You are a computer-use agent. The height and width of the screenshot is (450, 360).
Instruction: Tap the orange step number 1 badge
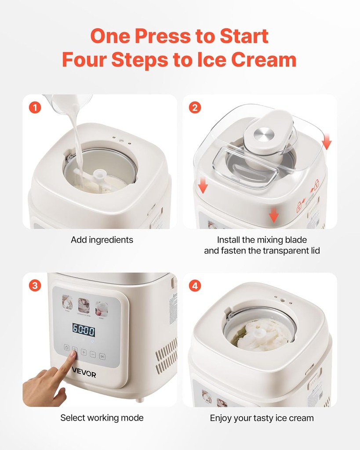35,107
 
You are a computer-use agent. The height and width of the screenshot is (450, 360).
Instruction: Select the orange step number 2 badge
195,107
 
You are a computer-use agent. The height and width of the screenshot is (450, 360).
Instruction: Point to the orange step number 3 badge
35,286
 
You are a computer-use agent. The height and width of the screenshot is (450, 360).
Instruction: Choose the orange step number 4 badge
195,286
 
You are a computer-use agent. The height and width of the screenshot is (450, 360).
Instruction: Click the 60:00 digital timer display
84,330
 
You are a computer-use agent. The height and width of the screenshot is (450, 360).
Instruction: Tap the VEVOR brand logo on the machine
84,374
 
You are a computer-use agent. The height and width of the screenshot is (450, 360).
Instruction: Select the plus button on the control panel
84,352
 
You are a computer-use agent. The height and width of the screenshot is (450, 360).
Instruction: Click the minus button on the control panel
93,353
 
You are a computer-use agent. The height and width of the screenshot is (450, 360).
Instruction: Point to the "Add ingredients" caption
102,240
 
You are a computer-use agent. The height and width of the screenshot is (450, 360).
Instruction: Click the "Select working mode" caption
102,417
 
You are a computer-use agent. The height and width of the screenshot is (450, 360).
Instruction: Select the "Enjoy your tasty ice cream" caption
262,418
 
